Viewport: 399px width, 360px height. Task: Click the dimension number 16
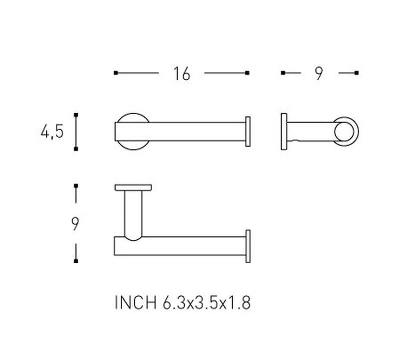click(182, 74)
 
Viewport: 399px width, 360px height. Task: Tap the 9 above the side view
click(319, 74)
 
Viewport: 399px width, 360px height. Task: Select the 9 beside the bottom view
click(75, 224)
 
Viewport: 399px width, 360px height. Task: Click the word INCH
click(135, 303)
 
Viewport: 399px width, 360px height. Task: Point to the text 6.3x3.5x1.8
click(206, 303)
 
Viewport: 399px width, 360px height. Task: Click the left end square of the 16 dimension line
click(116, 73)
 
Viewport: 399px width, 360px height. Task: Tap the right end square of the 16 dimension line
click(247, 73)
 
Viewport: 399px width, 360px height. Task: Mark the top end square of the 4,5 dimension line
click(76, 115)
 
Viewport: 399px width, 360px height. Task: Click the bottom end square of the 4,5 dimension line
click(76, 149)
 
